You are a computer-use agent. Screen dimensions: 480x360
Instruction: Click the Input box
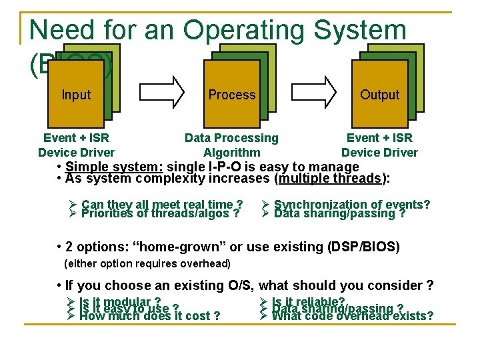[76, 94]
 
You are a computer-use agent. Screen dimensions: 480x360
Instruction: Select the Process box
[231, 94]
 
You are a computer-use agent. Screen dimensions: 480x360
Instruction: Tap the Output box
[379, 94]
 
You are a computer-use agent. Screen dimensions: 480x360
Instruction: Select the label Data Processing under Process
[231, 138]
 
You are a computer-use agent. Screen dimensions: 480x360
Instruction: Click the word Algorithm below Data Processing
[231, 153]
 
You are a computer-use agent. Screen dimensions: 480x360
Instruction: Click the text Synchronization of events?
[351, 204]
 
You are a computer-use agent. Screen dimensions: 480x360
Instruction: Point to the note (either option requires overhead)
[147, 264]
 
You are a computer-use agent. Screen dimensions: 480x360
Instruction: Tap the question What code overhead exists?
[353, 316]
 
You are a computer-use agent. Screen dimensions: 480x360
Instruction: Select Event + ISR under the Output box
[379, 138]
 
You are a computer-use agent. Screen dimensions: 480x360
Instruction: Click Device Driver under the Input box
[76, 153]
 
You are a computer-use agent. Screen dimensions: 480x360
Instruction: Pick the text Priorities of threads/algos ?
[159, 213]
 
